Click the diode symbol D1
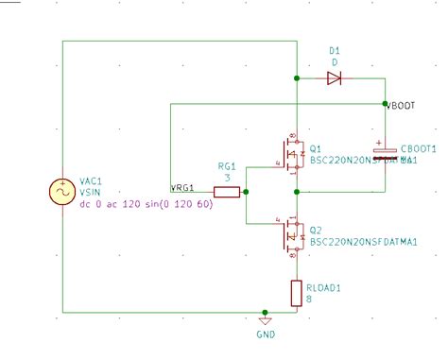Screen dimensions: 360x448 (x=334, y=78)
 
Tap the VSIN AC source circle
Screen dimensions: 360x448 (x=62, y=192)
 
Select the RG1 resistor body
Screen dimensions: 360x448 (x=226, y=192)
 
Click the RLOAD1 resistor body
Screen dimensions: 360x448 (x=296, y=292)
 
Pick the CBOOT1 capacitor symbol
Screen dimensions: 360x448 (x=385, y=150)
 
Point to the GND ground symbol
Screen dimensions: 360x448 (x=266, y=321)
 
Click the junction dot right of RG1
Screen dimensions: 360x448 (x=246, y=192)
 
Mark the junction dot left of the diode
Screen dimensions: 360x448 (x=297, y=78)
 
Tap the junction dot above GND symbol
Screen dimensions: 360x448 (x=266, y=312)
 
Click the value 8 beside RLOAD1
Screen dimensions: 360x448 (x=307, y=300)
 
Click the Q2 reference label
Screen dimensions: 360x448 (x=315, y=230)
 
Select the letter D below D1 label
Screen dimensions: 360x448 (x=334, y=62)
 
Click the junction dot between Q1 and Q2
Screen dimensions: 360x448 (x=297, y=192)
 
